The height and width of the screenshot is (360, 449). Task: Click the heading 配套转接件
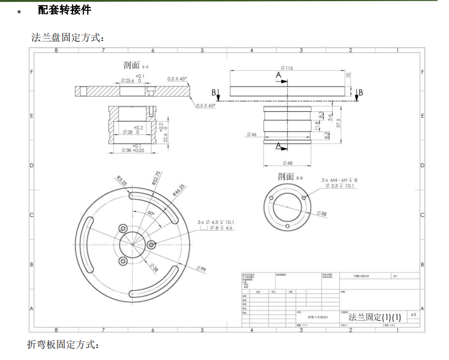[x=64, y=10]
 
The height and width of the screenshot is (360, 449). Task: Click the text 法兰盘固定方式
[x=67, y=38]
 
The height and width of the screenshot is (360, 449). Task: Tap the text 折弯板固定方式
[x=63, y=344]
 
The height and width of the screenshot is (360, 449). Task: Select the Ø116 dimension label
[x=287, y=68]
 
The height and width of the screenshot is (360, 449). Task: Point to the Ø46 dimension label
[x=251, y=134]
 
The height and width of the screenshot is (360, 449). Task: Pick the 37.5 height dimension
[x=338, y=123]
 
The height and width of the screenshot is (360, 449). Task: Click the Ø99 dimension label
[x=201, y=269]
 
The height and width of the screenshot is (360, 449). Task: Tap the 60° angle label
[x=151, y=213]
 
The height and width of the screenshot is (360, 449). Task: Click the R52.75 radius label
[x=157, y=178]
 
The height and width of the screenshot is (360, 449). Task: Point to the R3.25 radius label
[x=122, y=180]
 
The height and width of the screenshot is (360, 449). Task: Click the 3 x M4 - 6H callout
[x=339, y=180]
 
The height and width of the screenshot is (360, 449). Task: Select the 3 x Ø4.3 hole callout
[x=215, y=222]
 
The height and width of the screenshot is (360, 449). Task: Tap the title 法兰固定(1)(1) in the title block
[x=374, y=317]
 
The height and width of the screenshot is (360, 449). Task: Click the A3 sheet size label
[x=413, y=315]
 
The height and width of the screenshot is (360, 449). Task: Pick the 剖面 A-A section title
[x=135, y=65]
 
